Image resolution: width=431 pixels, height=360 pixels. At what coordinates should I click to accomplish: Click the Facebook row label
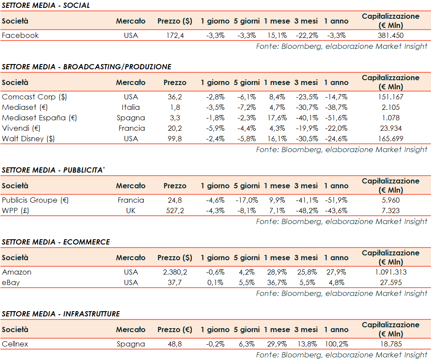20,35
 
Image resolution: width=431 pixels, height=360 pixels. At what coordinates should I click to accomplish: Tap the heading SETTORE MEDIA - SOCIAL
46,5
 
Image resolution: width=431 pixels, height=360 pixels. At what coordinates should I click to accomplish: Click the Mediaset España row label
34,118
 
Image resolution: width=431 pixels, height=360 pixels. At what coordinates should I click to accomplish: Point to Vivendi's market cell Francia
131,128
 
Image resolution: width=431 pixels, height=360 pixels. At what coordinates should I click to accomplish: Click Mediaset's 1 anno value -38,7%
336,107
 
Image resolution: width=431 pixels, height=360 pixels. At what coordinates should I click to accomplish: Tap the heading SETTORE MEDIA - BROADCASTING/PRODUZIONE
86,67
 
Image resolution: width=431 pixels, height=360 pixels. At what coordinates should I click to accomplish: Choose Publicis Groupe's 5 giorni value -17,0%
246,200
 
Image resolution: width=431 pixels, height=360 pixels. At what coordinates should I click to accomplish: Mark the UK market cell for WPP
131,211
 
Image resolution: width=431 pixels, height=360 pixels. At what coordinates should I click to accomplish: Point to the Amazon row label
17,272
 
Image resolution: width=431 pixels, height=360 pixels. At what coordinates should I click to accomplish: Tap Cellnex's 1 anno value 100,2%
336,344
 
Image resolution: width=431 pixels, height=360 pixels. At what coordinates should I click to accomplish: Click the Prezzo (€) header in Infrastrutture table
175,329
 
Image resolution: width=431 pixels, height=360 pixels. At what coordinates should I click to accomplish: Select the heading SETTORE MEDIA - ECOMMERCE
56,242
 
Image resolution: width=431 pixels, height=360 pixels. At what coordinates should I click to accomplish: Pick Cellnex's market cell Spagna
131,344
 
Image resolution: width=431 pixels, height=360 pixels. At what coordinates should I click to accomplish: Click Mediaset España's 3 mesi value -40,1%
305,118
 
